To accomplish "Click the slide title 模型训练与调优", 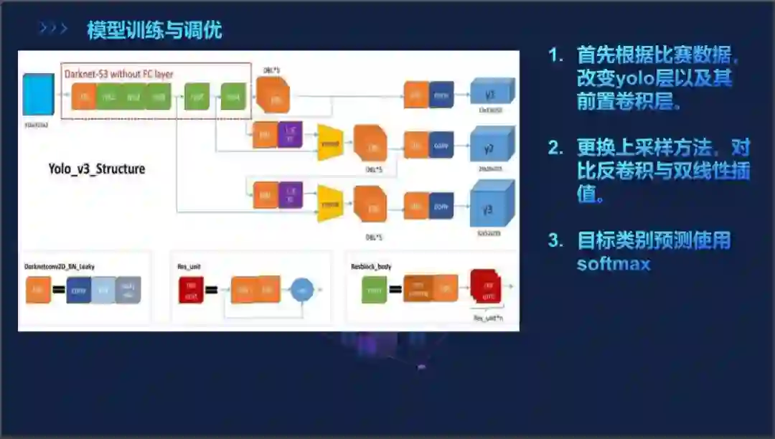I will point(154,30).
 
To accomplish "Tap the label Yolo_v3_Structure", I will point(97,169).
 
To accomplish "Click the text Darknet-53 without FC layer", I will point(119,73).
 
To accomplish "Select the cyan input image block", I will point(38,94).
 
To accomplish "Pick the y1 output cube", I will point(492,94).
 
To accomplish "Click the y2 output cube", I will point(492,146).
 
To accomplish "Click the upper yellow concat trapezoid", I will point(330,142).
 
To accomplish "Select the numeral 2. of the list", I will point(556,148).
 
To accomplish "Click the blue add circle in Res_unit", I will point(301,290).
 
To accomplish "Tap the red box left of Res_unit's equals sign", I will point(191,290).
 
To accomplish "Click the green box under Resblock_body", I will point(374,290).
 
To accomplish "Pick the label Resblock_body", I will point(370,266).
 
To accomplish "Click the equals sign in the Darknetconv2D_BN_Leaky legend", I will point(58,291).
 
